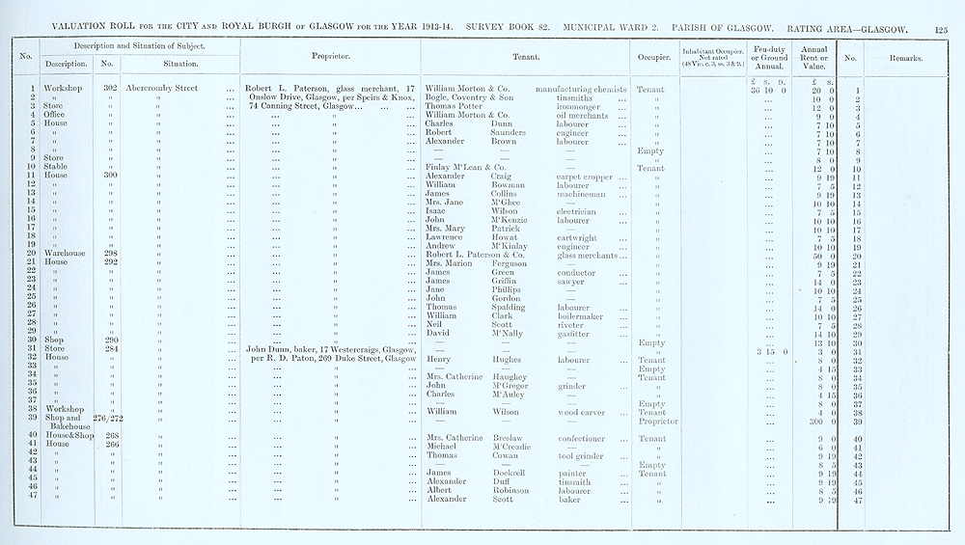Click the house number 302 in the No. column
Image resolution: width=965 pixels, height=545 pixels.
(109, 89)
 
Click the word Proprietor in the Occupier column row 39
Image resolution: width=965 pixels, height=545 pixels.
(652, 421)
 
